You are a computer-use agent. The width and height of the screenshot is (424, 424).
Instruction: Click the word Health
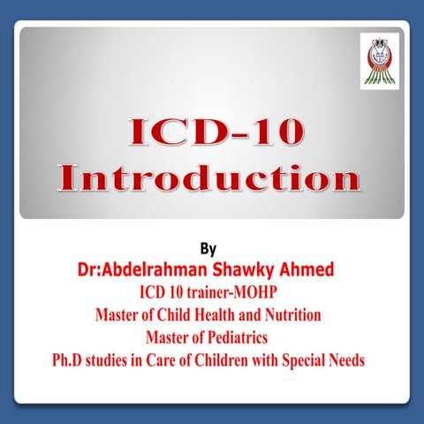[x=211, y=314]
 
